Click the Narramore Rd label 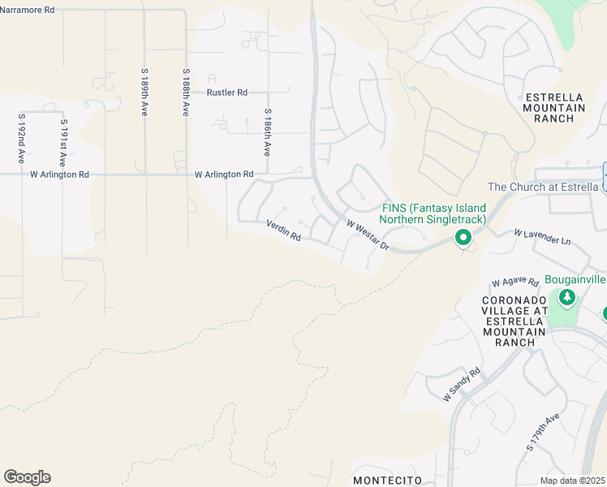coord(28,10)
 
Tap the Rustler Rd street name coord(226,93)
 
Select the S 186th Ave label coord(266,133)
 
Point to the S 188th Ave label coord(186,92)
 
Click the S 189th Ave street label coord(144,92)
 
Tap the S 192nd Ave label coord(21,138)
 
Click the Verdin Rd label coord(284,231)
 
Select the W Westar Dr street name coord(368,235)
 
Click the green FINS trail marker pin coord(463,238)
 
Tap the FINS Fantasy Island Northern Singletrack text coord(434,213)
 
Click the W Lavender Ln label coord(542,237)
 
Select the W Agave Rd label coord(515,283)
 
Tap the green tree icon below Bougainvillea coord(566,298)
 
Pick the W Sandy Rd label coord(462,384)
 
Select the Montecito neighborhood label coord(387,480)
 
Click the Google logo coord(27,477)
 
